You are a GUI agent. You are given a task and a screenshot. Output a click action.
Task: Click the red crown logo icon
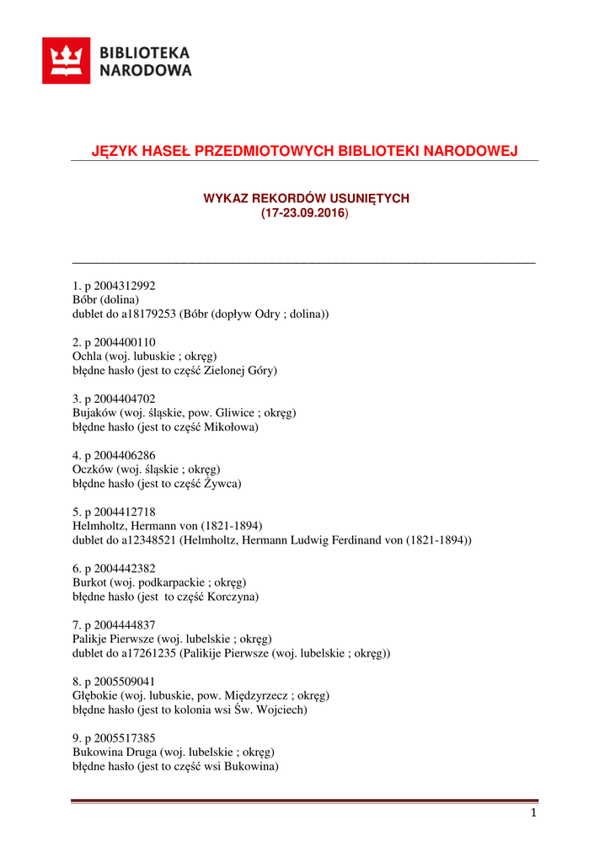[x=67, y=61]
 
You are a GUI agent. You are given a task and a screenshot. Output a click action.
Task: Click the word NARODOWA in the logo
[x=146, y=71]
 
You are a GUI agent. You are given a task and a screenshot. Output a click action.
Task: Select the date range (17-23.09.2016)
[x=304, y=214]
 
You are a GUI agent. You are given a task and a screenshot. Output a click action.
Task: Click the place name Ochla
[x=88, y=356]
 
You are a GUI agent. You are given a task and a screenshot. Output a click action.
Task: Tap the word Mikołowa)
[x=235, y=427]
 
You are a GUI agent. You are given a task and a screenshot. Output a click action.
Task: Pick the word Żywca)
[x=223, y=484]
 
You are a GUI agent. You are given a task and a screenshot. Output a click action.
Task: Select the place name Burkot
[x=90, y=582]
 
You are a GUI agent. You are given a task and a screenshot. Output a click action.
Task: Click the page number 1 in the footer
[x=533, y=813]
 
